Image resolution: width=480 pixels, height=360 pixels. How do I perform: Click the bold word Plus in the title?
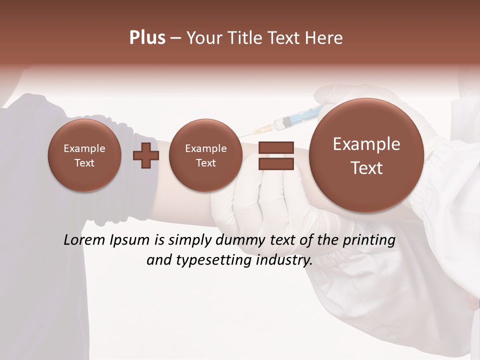147,38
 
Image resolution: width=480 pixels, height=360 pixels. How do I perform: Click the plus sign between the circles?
145,155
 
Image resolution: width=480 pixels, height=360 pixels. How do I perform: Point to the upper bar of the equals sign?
276,147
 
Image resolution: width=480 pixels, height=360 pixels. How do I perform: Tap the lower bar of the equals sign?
276,163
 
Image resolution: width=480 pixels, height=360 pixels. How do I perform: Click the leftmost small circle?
84,155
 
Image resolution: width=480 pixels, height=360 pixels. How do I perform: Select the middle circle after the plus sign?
205,155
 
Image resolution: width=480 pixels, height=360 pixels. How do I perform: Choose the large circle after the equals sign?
366,155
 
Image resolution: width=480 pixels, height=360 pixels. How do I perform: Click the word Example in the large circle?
366,144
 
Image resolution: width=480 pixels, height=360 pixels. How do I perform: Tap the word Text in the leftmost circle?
84,163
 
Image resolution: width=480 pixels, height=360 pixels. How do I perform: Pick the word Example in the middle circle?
205,148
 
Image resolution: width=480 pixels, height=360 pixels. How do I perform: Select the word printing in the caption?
369,240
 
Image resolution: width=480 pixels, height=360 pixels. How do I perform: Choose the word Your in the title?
204,38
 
